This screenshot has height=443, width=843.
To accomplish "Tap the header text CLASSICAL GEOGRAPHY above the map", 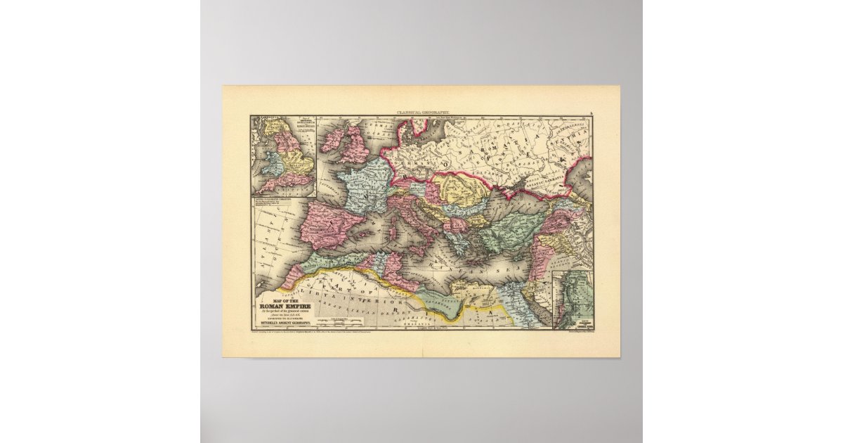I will coord(421,113).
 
